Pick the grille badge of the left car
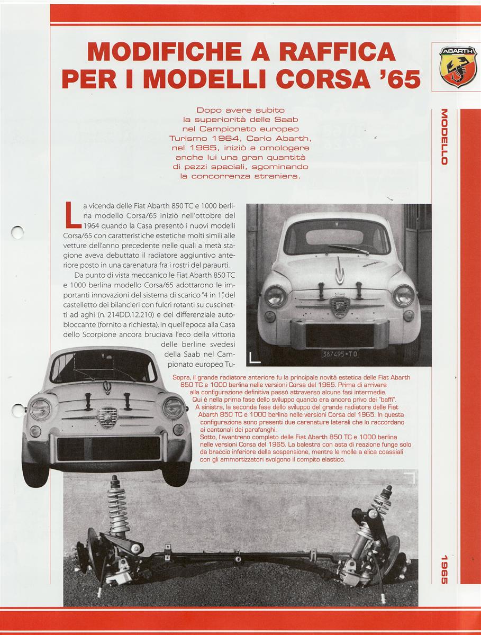(107, 416)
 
